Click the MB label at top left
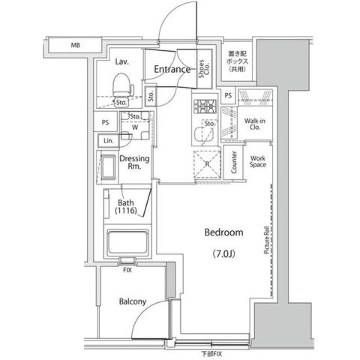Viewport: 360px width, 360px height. coord(75,46)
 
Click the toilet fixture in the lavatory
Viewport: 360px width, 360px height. coord(120,89)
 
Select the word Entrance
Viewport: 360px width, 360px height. coord(172,70)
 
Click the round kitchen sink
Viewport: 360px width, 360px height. coord(200,135)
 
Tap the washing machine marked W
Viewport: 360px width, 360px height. coord(135,127)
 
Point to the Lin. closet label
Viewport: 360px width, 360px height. coord(107,141)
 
